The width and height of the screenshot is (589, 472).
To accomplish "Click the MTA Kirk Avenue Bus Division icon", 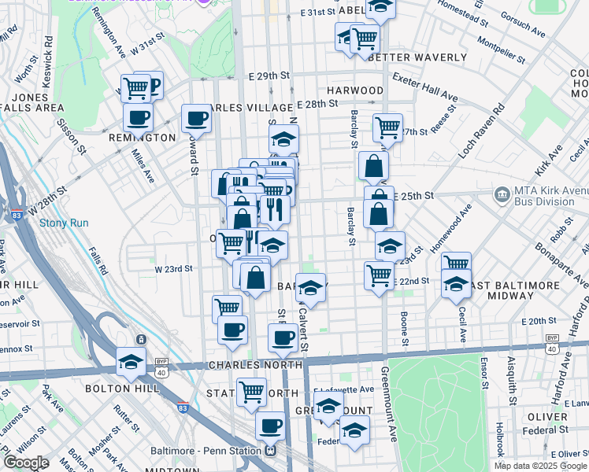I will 502,194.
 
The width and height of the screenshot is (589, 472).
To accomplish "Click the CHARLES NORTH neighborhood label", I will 255,365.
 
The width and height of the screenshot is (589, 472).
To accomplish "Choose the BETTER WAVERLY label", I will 417,57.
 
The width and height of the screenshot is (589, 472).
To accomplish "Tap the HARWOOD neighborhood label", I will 355,90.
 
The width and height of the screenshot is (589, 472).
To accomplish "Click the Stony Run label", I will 64,223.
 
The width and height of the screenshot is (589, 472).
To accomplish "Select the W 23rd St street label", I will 173,269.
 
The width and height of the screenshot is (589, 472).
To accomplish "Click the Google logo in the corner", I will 26,463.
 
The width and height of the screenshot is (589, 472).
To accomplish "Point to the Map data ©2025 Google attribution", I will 539,466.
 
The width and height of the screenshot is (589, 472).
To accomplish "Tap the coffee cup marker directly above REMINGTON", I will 138,117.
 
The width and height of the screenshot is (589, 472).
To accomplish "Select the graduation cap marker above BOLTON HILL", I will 131,362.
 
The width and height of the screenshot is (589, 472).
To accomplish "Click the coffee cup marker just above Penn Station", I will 270,426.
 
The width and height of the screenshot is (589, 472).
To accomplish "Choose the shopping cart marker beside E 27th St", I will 387,127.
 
